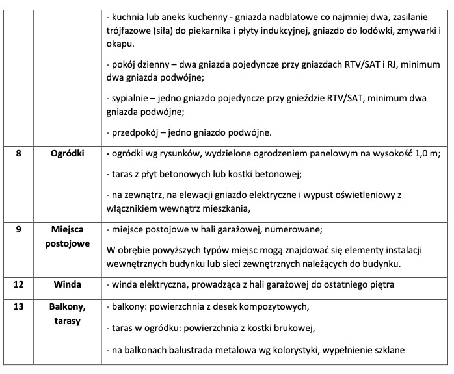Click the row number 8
click(18, 154)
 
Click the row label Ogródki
click(67, 154)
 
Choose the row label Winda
click(67, 285)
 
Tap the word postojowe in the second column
click(67, 243)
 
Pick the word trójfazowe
click(127, 31)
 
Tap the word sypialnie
click(129, 98)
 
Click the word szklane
click(388, 350)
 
